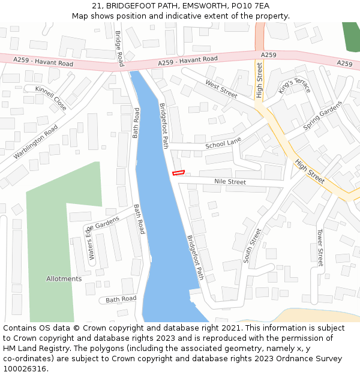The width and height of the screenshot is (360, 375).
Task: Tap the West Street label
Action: click(x=221, y=89)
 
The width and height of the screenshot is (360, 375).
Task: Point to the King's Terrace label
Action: click(x=295, y=85)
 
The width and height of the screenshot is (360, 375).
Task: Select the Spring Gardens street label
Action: click(x=322, y=116)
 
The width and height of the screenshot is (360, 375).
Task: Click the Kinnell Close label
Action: click(x=51, y=97)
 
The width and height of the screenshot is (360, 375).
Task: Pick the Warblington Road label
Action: click(x=35, y=142)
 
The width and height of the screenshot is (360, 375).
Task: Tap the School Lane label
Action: click(x=223, y=144)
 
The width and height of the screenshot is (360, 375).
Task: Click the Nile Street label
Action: click(x=230, y=182)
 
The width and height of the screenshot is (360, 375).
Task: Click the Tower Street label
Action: click(x=320, y=247)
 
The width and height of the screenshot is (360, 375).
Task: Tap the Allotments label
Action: click(x=64, y=279)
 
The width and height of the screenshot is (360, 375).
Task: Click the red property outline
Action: click(x=178, y=173)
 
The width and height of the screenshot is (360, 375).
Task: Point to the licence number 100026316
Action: click(x=25, y=369)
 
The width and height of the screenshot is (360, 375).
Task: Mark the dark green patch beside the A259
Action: click(x=350, y=37)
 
